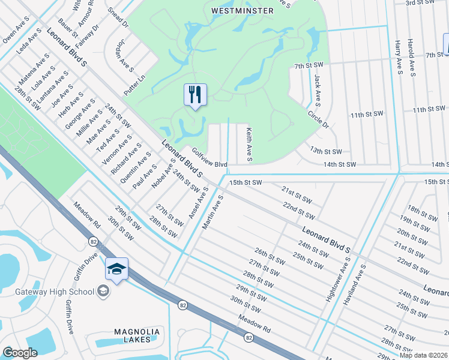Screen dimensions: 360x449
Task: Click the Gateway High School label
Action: click(55, 292)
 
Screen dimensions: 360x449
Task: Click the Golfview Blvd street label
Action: click(209, 158)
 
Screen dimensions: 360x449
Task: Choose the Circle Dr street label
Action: click(318, 118)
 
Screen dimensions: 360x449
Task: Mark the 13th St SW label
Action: click(325, 152)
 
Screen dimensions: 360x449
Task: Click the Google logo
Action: click(20, 353)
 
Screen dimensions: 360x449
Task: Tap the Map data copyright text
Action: click(423, 355)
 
